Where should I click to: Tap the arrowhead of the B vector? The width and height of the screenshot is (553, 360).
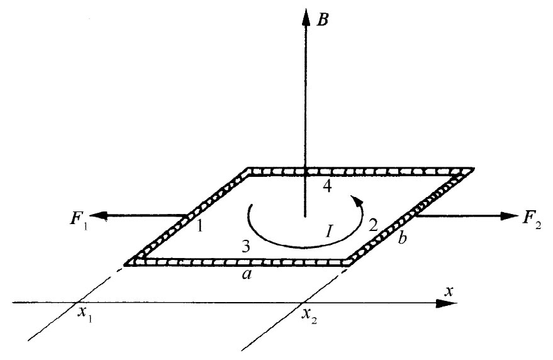306,15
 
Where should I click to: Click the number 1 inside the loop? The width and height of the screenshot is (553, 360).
200,226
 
